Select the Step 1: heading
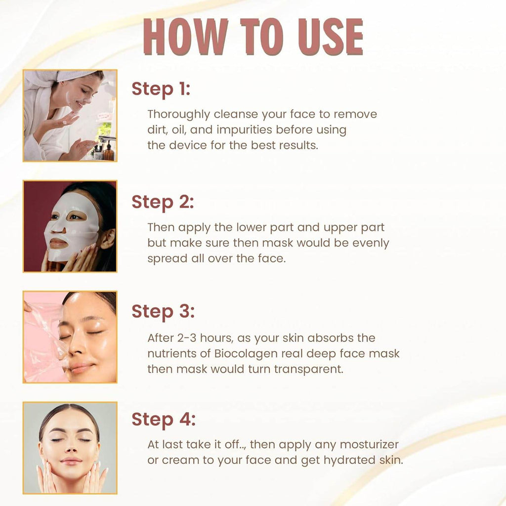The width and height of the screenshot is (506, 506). tap(161, 89)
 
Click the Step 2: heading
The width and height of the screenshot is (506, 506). tap(163, 202)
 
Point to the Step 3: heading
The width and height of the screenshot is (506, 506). tap(163, 312)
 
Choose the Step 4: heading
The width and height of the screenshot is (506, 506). tap(164, 420)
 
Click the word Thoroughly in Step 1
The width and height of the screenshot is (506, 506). tap(178, 115)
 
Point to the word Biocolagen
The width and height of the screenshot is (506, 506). tap(255, 354)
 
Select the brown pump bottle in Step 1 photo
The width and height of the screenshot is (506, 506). tap(108, 152)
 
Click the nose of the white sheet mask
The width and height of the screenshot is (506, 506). tap(59, 228)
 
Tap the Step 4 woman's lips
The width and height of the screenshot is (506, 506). tap(71, 461)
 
